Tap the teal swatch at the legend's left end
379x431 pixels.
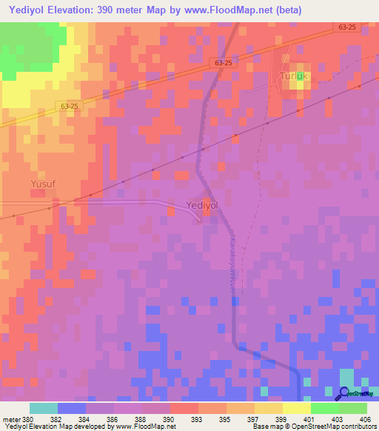[44, 408]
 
